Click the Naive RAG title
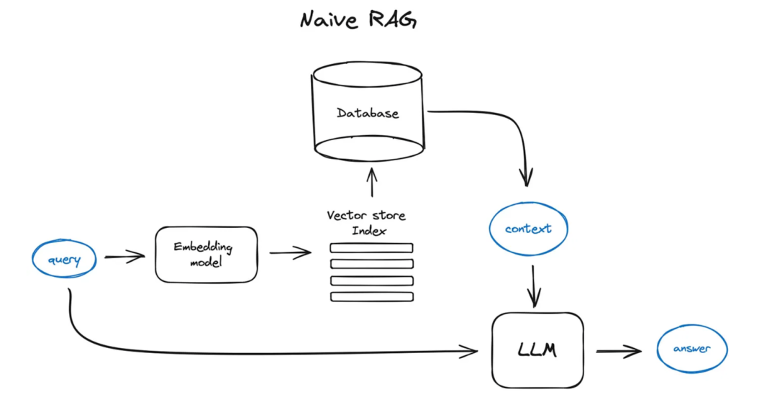click(358, 19)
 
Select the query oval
click(64, 260)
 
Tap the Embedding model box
click(206, 254)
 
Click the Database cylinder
click(368, 113)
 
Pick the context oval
click(528, 229)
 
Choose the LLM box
click(537, 350)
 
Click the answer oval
click(692, 349)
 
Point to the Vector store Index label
click(366, 222)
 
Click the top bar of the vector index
click(371, 248)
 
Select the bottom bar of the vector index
click(371, 296)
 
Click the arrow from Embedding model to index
click(290, 252)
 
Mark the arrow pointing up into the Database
click(371, 183)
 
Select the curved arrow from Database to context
click(504, 126)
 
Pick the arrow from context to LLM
click(533, 285)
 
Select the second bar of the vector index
click(371, 264)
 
